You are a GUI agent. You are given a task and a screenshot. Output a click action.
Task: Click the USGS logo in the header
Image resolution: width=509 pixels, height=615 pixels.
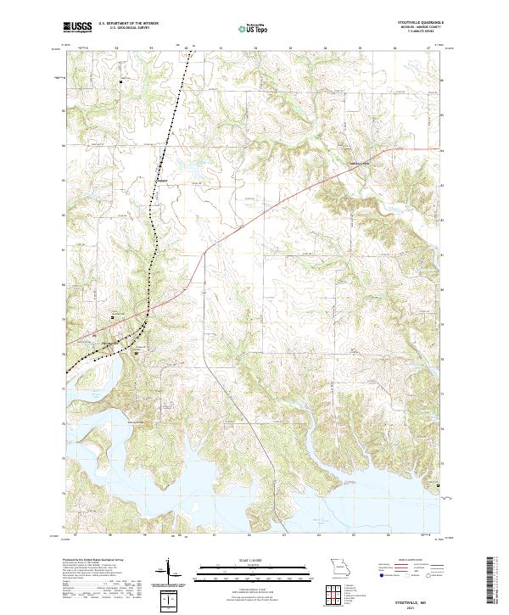pyautogui.click(x=77, y=26)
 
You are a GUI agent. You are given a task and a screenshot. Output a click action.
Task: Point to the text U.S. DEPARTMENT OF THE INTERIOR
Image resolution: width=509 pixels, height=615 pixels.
pyautogui.click(x=128, y=24)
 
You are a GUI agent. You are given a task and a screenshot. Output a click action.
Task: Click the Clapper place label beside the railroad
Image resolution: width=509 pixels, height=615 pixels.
pyautogui.click(x=163, y=179)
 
